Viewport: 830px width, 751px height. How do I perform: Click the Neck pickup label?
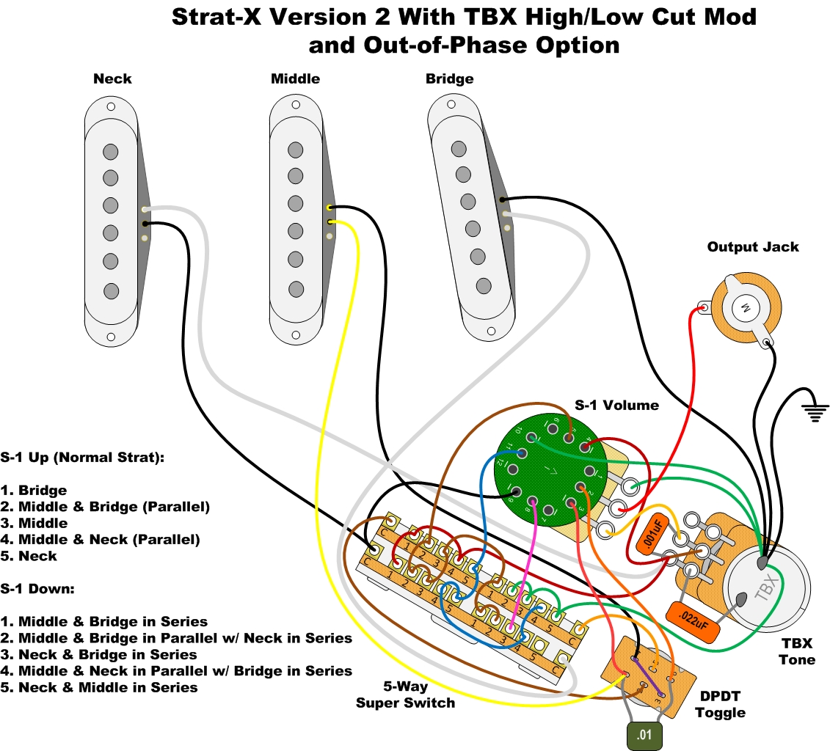112,78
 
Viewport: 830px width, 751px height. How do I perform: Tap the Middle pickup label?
295,78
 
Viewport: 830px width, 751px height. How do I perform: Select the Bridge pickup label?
449,78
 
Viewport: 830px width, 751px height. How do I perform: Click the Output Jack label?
753,247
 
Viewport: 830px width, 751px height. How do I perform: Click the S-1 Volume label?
616,405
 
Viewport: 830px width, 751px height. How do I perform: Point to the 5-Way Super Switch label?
405,695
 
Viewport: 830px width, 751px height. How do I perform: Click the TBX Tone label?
797,651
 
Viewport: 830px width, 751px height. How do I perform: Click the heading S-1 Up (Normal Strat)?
82,457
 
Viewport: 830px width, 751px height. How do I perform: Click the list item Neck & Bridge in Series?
107,654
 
